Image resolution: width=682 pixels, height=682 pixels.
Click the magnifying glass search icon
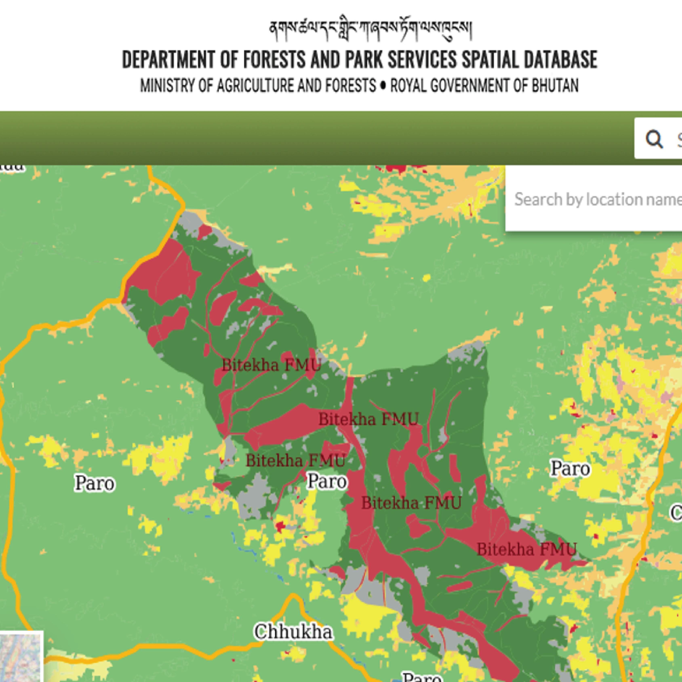pos(654,139)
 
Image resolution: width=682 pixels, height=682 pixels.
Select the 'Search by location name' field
pos(597,199)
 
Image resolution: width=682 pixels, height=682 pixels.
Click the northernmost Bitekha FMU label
pos(271,365)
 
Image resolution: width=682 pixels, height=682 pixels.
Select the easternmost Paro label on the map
pos(570,468)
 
